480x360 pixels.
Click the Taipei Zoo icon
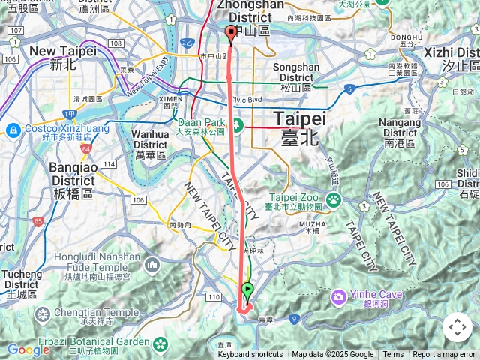[x=334, y=199]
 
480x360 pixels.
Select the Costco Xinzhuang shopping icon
[x=13, y=130]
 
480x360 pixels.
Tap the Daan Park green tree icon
[x=238, y=124]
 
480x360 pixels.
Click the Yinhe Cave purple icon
[x=338, y=295]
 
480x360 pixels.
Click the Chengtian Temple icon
[x=42, y=313]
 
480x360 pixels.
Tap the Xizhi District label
[x=451, y=58]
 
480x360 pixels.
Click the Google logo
[x=28, y=349]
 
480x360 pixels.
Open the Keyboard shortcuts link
[x=250, y=355]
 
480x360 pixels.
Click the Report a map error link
[x=444, y=355]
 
